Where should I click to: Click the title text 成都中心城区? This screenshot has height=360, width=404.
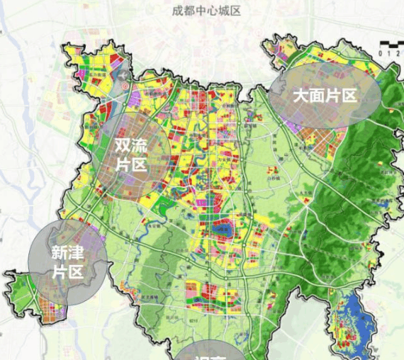[206, 11]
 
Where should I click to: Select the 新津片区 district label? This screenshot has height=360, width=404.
[68, 261]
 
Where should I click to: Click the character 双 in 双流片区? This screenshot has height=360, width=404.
[121, 145]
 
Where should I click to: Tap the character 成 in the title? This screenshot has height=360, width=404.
[176, 11]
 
